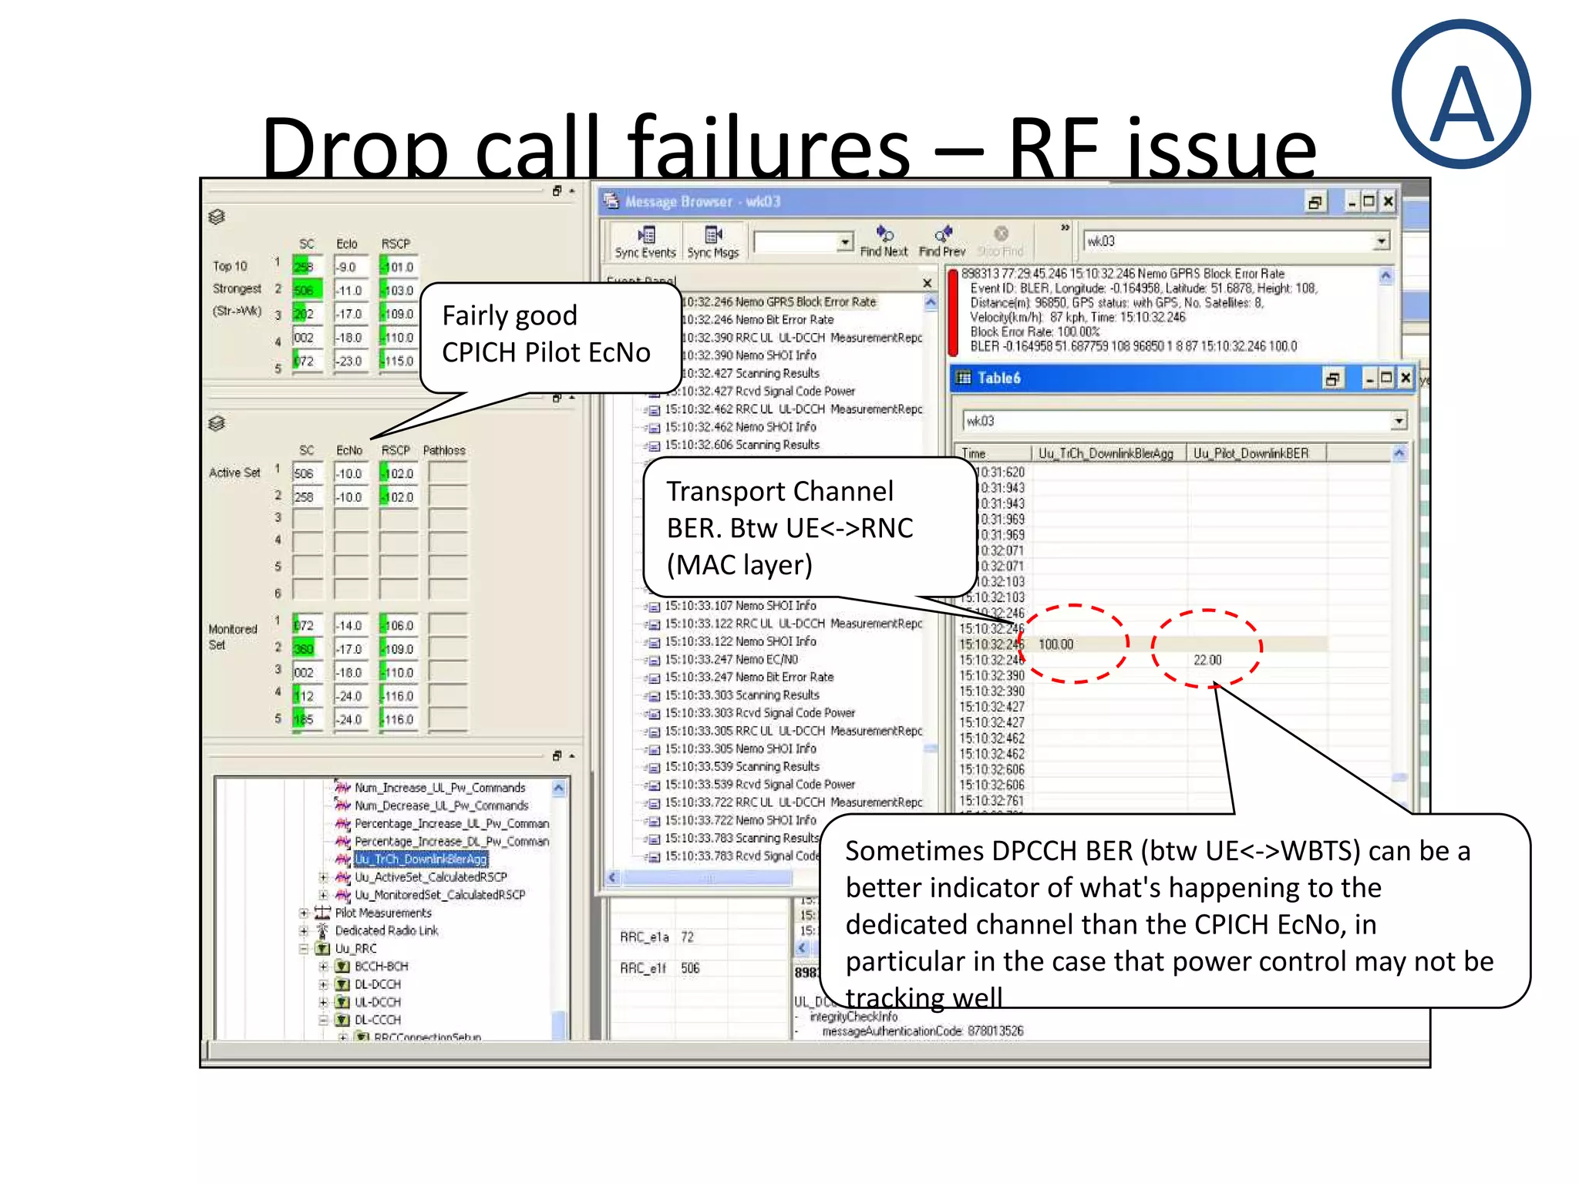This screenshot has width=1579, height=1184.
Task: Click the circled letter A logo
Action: pos(1461,95)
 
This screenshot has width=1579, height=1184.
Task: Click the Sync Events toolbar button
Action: pos(645,241)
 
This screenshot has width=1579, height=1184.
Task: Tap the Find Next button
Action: pos(884,241)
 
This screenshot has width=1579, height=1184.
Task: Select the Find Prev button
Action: pos(942,241)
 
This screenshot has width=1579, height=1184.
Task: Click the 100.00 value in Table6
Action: pos(1055,644)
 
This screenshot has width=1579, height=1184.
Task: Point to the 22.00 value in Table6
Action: pos(1207,660)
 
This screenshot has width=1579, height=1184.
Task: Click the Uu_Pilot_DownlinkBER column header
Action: pos(1251,453)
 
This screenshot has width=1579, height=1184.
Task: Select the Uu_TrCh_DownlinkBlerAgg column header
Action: pos(1105,453)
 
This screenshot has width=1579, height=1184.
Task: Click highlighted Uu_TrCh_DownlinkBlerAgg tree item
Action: pos(420,859)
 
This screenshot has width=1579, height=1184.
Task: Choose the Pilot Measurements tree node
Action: pos(383,913)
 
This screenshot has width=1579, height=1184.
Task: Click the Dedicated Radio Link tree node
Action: pos(386,930)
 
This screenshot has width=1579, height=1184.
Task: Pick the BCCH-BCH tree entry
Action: pos(381,966)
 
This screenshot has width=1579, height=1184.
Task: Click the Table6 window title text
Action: pos(998,378)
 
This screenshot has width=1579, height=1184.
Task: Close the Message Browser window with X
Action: pos(1388,201)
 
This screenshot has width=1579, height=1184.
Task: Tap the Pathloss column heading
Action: pos(444,450)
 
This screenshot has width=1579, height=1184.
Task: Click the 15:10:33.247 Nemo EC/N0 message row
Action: pos(730,659)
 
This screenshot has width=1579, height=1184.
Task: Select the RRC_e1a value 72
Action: pos(687,937)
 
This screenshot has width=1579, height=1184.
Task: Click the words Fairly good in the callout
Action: pos(510,315)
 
